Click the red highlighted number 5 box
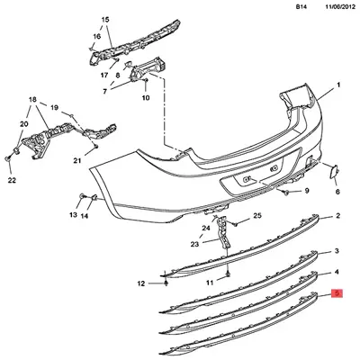click(337, 293)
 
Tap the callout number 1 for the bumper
click(338, 85)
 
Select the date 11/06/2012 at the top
click(339, 7)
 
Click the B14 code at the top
click(301, 7)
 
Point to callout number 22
click(12, 180)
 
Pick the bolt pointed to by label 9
click(286, 193)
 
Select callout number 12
click(141, 283)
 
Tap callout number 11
click(210, 283)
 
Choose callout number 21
click(77, 161)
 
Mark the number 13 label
click(73, 215)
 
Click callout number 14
click(85, 215)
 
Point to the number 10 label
click(146, 98)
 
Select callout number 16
click(97, 36)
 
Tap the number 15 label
click(105, 20)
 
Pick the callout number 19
click(54, 107)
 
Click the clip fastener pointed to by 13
click(81, 196)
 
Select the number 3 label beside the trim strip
click(337, 251)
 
